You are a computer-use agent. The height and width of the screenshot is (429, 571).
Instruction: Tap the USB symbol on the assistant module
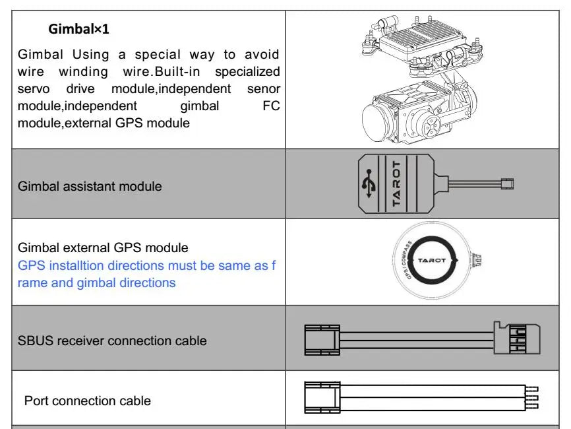click(x=369, y=183)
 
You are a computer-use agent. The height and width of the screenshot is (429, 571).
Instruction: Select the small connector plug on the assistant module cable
click(x=508, y=183)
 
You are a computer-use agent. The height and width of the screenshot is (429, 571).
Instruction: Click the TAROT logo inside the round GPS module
click(x=432, y=260)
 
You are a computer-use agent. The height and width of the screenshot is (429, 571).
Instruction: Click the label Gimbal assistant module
click(x=90, y=186)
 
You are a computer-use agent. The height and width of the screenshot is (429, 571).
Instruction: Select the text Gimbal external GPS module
click(x=103, y=247)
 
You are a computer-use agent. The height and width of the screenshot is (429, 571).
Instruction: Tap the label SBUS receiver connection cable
click(x=112, y=341)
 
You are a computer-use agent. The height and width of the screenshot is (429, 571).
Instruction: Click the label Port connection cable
click(x=87, y=401)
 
